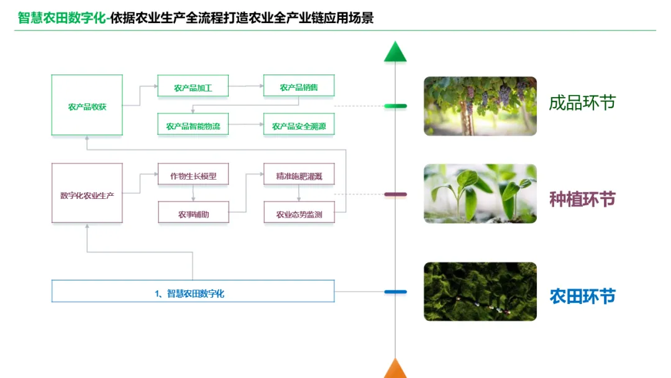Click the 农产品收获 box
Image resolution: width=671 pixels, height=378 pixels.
coord(87,105)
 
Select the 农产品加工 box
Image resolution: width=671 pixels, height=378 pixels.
coord(193,86)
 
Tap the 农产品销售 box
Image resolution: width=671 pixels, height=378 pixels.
coord(299,86)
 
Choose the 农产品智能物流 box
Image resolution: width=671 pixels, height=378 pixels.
coord(193,126)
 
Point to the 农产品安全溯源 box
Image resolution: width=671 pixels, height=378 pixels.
coord(299,126)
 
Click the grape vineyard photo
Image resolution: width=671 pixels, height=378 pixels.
coord(480,106)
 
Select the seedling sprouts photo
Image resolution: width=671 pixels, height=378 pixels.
coord(480,193)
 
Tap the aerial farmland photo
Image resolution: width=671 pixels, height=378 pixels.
coord(480,292)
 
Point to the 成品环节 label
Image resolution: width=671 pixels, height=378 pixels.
coord(582,103)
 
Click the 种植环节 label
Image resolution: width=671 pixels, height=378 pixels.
coord(582,199)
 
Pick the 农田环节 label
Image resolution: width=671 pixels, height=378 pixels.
coord(582,296)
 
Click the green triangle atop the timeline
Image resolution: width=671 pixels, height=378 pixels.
coord(395,53)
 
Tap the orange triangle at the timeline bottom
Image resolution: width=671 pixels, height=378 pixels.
coord(395,369)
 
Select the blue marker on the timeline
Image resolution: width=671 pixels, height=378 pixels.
coord(395,292)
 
